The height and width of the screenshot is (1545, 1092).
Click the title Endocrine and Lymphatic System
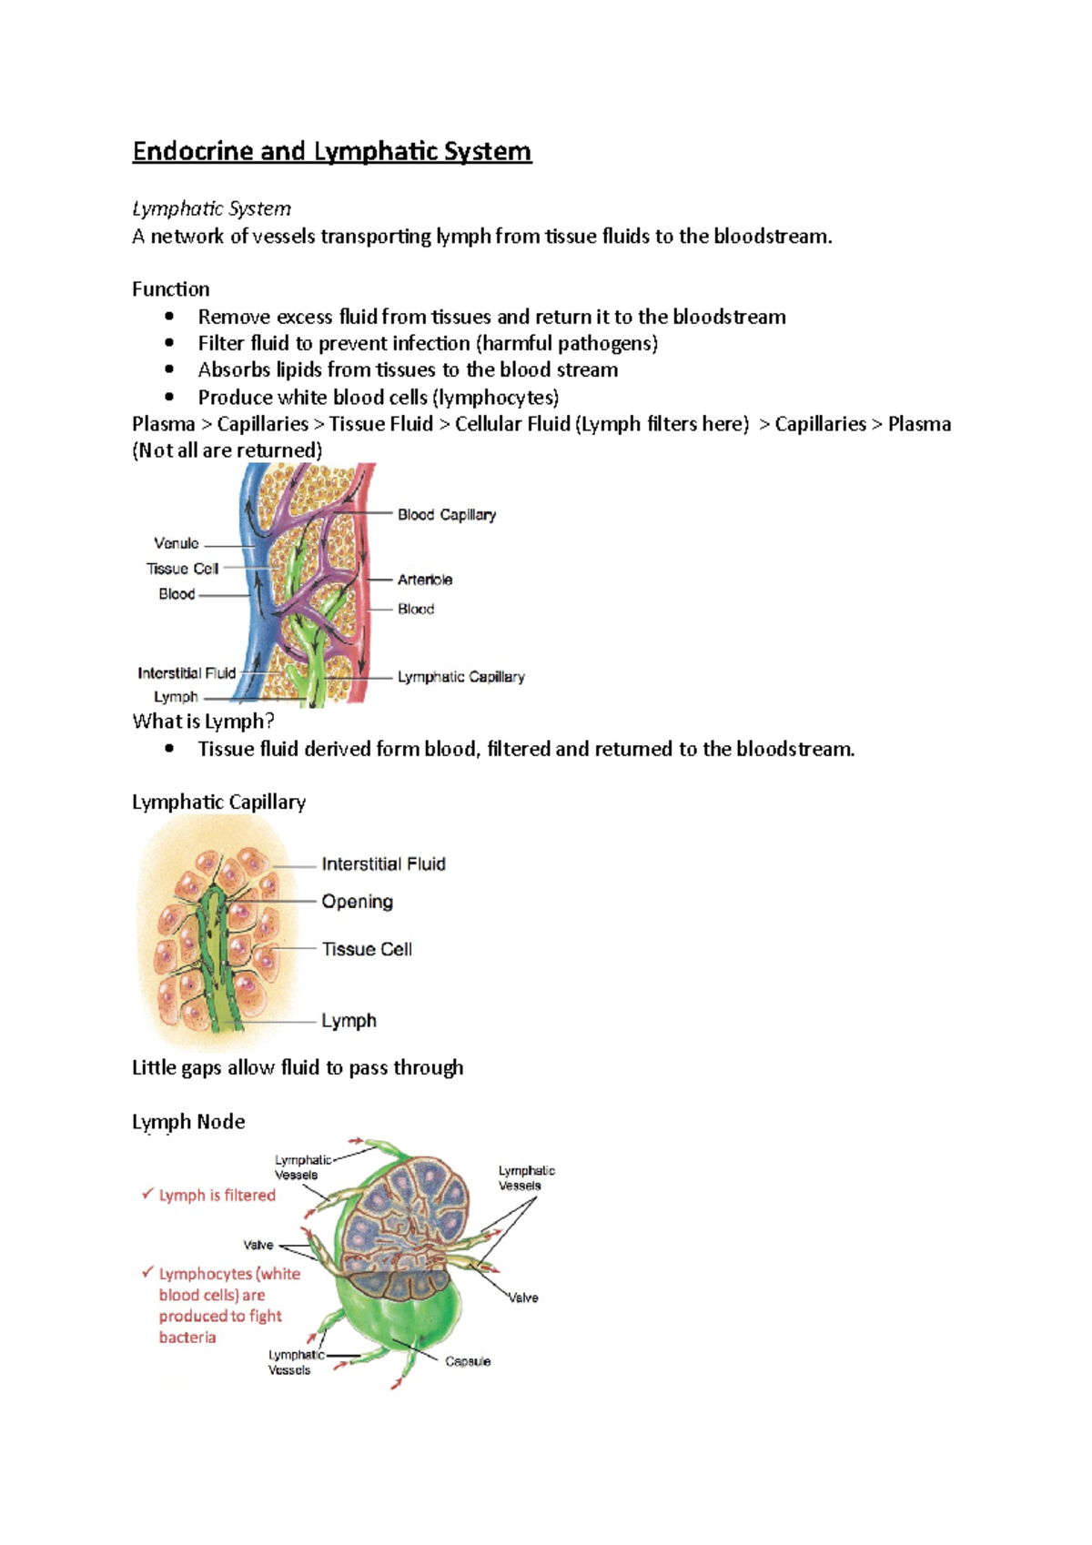point(331,151)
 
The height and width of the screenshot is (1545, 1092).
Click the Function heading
point(170,289)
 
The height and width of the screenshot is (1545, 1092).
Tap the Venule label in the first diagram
point(177,543)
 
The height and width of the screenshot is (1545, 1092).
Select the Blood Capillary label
point(446,515)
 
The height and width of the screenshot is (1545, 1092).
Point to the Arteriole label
point(424,580)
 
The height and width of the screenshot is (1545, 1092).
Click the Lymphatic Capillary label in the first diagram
point(460,677)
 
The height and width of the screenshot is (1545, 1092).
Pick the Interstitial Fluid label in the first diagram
point(187,673)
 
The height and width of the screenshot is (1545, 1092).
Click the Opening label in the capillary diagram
point(357,902)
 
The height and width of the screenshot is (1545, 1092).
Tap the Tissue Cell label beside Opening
point(367,949)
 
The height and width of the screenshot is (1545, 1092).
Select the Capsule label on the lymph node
point(468,1361)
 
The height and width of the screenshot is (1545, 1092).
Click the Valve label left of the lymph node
point(258,1245)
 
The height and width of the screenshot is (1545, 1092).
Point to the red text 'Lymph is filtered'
point(217,1196)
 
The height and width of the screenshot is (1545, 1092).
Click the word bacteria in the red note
point(187,1338)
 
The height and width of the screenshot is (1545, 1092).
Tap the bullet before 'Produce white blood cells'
point(169,397)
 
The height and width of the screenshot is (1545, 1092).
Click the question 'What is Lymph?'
point(203,722)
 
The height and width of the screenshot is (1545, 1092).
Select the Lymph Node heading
point(188,1122)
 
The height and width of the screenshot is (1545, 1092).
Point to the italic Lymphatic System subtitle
point(211,209)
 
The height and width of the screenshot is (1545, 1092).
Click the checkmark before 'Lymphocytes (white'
point(147,1273)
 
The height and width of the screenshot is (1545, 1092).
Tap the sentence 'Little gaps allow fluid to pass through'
point(298,1067)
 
